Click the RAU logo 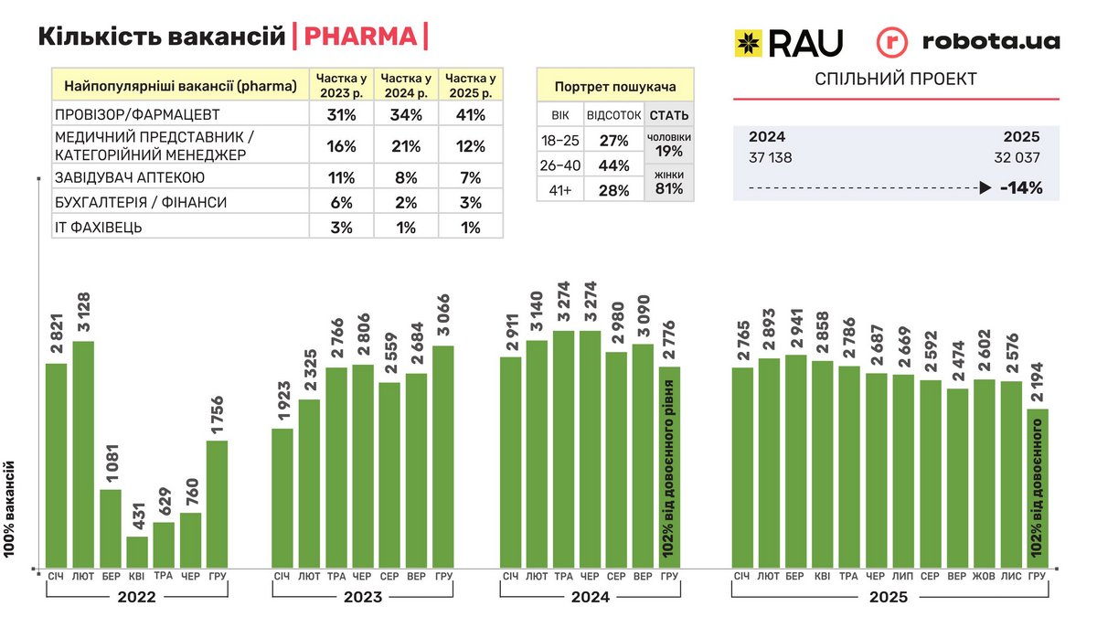[x=788, y=41]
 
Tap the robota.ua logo [x=968, y=41]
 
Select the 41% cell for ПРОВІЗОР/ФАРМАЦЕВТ [x=471, y=115]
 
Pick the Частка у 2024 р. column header [x=406, y=85]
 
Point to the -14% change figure [x=1021, y=188]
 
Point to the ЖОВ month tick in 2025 [x=984, y=576]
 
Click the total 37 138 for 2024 [x=771, y=157]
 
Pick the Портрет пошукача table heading [x=615, y=87]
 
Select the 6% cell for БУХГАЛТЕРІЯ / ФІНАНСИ [x=341, y=202]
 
